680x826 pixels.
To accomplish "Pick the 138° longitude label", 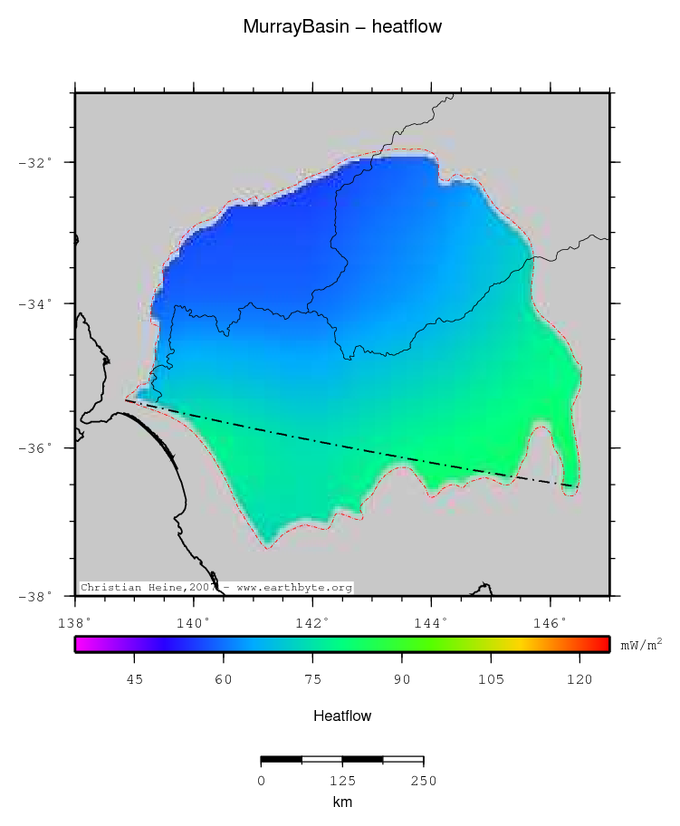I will point(74,623).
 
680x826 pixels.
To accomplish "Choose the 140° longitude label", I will point(194,623).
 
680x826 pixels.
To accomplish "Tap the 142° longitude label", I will point(312,623).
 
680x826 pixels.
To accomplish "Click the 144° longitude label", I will point(431,623).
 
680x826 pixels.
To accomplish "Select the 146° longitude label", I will point(550,623).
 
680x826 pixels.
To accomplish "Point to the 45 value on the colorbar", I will point(134,680).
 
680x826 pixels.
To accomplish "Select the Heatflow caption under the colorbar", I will point(342,716).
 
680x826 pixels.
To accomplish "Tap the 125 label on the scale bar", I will point(341,781).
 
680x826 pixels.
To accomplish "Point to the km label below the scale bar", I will point(341,802).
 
